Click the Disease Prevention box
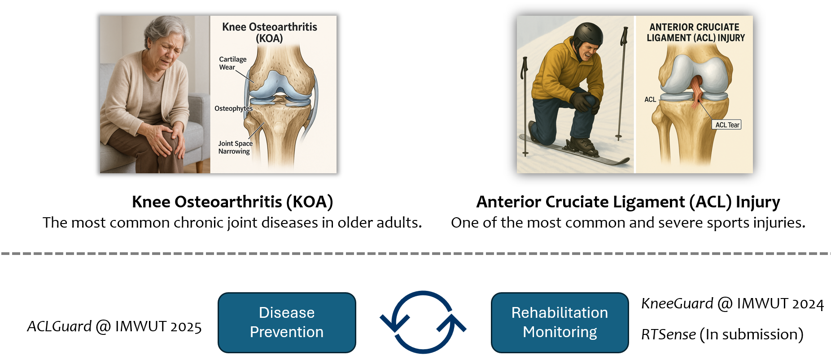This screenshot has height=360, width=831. (287, 322)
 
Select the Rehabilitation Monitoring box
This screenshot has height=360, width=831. (560, 322)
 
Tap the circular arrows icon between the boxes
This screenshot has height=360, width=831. (423, 322)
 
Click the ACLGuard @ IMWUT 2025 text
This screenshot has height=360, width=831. (114, 326)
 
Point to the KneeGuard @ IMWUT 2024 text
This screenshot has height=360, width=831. (732, 304)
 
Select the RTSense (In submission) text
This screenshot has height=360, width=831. (722, 334)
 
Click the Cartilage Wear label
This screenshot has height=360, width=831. (232, 63)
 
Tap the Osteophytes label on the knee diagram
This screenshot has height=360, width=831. (233, 109)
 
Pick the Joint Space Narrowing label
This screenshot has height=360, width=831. (235, 147)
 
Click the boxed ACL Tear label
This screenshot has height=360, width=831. (727, 125)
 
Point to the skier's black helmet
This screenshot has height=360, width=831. (588, 35)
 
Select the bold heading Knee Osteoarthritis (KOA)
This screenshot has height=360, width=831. (232, 202)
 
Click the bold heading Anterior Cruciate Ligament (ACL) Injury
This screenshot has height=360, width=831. (628, 202)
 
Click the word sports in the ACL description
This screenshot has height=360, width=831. (728, 223)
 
